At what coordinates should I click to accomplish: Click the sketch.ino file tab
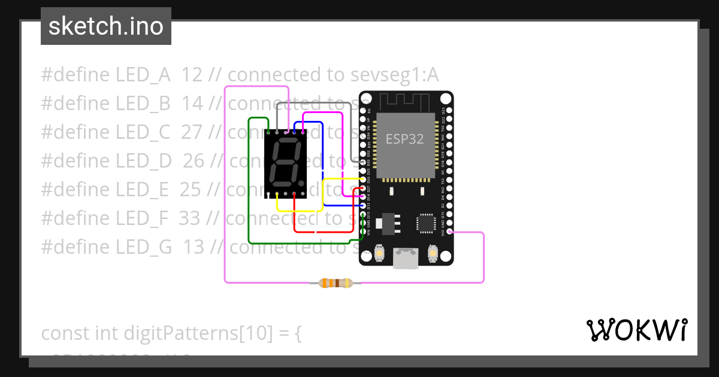pos(106,26)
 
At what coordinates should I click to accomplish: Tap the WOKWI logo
pos(636,330)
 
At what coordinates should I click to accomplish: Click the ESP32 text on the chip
pos(404,139)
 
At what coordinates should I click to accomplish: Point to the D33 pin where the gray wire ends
pos(363,162)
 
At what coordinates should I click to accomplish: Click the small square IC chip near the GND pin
pos(426,223)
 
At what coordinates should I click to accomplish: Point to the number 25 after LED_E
pos(191,189)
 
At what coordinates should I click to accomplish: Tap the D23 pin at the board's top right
pos(449,111)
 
